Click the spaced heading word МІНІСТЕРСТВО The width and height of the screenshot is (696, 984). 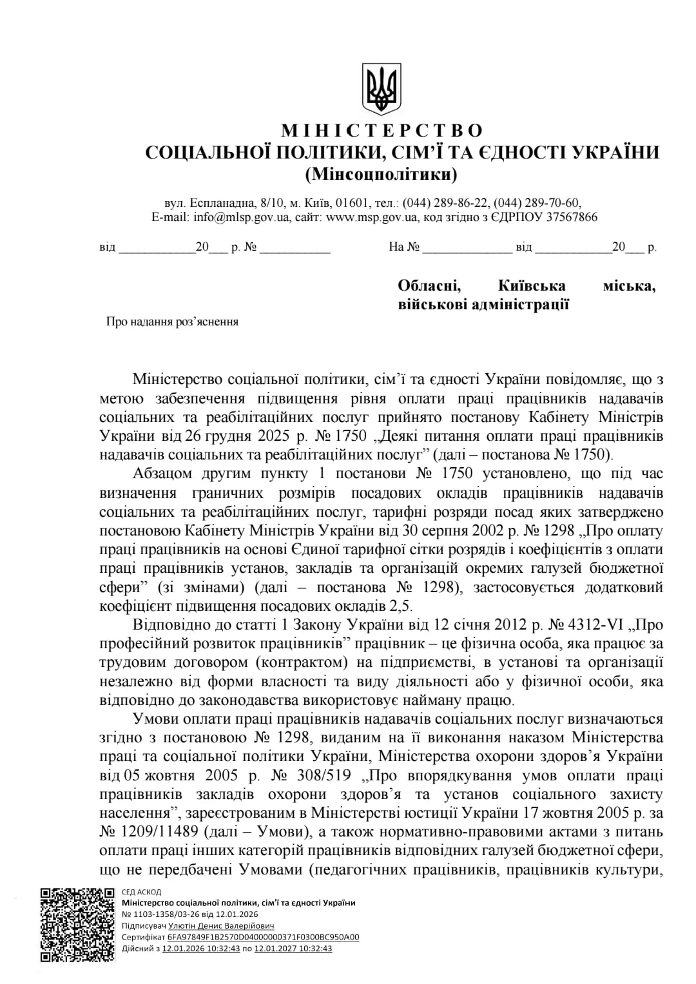382,131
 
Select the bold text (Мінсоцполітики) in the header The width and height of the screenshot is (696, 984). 381,173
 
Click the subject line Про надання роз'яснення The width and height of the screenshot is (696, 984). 172,322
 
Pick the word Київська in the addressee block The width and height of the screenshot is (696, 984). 532,285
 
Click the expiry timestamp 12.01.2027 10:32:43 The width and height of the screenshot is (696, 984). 293,948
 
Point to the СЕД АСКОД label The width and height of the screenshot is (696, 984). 141,892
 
